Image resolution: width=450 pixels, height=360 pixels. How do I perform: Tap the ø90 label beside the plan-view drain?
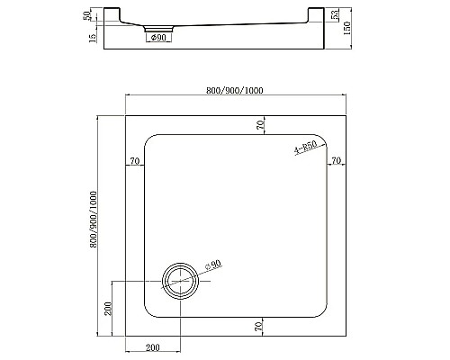click(x=213, y=265)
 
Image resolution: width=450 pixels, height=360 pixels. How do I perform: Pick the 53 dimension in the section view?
click(x=335, y=19)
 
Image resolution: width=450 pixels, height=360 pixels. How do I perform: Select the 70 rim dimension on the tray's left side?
click(x=135, y=161)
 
